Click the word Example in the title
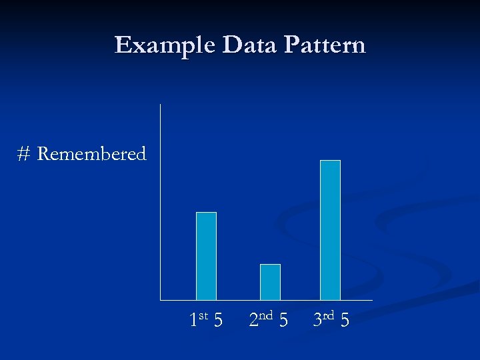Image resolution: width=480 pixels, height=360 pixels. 165,45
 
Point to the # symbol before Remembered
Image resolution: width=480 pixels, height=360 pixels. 24,155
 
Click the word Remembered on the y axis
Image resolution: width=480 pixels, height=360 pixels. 91,154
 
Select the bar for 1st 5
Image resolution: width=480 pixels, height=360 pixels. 206,256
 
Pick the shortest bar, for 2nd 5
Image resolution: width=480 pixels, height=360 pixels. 270,282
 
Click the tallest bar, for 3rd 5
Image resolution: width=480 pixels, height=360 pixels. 330,230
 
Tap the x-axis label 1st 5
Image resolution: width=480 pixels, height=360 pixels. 206,320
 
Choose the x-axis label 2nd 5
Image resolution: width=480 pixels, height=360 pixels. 268,320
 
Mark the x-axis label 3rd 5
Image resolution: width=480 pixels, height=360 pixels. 331,320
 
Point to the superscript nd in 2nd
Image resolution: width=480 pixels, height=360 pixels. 267,315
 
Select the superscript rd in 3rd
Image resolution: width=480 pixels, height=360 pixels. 329,315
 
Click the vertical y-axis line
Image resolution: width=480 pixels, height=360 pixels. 161,200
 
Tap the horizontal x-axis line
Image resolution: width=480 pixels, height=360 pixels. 267,301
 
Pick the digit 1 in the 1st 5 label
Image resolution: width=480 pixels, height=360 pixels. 193,321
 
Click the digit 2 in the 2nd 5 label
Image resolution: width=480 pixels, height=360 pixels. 253,321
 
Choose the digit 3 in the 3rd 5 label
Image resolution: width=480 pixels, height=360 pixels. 318,321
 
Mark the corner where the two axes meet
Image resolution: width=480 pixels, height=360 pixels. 161,301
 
